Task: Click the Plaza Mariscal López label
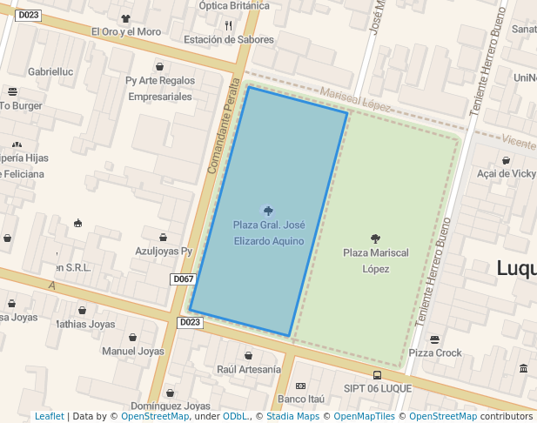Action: click(375, 260)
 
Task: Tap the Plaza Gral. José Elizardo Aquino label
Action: click(268, 232)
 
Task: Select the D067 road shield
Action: click(183, 279)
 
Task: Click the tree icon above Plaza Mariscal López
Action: click(375, 238)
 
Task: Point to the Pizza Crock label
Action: click(435, 352)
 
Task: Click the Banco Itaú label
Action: click(300, 399)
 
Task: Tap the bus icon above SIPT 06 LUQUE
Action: click(376, 375)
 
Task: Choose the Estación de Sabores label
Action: click(228, 39)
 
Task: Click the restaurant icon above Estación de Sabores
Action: click(228, 25)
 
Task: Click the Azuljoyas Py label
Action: click(164, 251)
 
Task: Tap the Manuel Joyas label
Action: click(132, 352)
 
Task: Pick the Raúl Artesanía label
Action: click(248, 369)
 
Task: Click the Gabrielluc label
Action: click(50, 71)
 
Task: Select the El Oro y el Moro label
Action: click(126, 31)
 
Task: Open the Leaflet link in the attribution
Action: click(49, 417)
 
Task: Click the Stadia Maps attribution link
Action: click(295, 417)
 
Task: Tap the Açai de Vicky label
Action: click(506, 173)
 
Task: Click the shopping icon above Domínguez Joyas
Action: click(170, 393)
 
